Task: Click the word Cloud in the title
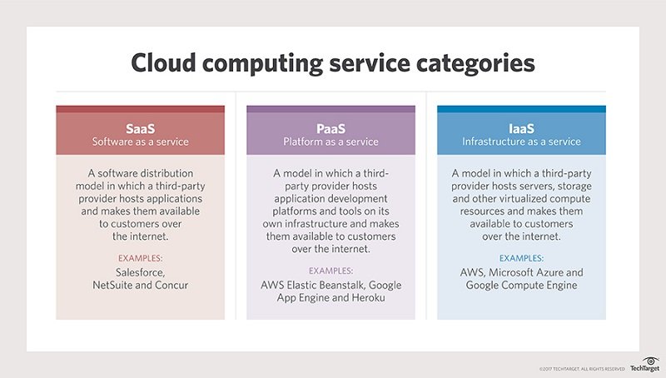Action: click(x=163, y=62)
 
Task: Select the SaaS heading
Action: click(x=140, y=128)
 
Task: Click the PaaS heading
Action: click(x=331, y=128)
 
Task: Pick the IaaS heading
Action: click(x=521, y=128)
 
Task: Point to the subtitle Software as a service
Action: click(x=140, y=142)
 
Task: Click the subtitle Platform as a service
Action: click(x=331, y=142)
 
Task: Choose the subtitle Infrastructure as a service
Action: click(x=521, y=142)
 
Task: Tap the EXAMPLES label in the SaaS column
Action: click(x=140, y=258)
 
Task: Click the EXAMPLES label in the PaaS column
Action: click(x=331, y=271)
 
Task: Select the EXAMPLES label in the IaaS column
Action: click(x=521, y=258)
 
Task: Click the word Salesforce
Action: click(x=140, y=272)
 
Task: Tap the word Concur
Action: click(x=171, y=285)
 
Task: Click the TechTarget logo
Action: click(x=645, y=365)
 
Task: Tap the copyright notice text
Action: click(x=582, y=369)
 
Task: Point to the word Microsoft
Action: click(x=510, y=272)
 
